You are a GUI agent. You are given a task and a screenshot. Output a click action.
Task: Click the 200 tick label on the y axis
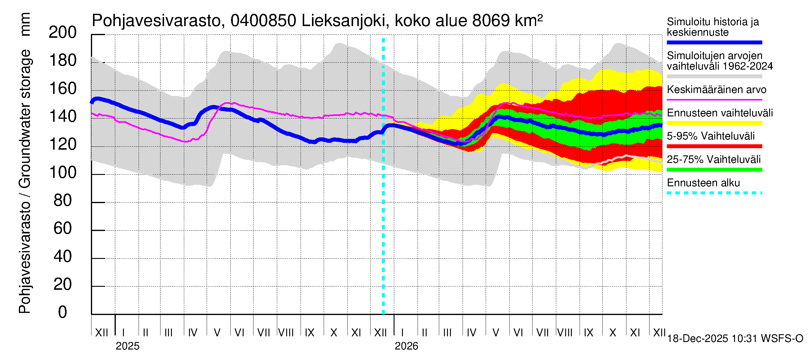(x=63, y=32)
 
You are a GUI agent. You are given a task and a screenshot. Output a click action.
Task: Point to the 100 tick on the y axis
(x=63, y=172)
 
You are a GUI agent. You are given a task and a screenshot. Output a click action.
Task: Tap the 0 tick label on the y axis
(x=63, y=312)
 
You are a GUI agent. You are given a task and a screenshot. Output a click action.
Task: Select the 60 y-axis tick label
(x=63, y=229)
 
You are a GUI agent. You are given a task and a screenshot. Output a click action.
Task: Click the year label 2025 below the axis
(x=127, y=346)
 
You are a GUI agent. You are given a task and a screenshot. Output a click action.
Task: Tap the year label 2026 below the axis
(x=406, y=346)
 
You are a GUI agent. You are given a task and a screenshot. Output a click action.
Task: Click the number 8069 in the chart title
(x=490, y=21)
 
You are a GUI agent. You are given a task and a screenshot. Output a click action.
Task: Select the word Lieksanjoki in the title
(x=343, y=21)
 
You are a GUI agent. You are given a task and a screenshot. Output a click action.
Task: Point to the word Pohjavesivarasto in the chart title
(x=156, y=21)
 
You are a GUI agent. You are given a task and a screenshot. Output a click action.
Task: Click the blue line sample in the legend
(x=714, y=42)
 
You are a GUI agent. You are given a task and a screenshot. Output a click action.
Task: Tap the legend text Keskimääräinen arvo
(x=716, y=90)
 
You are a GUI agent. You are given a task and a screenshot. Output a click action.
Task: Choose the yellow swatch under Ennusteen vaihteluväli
(x=714, y=123)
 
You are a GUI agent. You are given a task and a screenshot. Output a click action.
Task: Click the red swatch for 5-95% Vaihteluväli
(x=714, y=146)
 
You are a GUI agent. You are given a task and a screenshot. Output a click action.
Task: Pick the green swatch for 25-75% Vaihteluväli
(x=714, y=170)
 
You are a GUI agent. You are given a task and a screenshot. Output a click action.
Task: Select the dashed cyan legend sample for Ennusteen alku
(x=714, y=193)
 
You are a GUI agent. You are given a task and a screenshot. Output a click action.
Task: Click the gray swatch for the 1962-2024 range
(x=714, y=76)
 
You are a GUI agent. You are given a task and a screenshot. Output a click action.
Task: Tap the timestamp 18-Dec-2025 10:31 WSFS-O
(x=735, y=339)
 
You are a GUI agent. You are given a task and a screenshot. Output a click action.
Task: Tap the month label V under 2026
(x=496, y=332)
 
